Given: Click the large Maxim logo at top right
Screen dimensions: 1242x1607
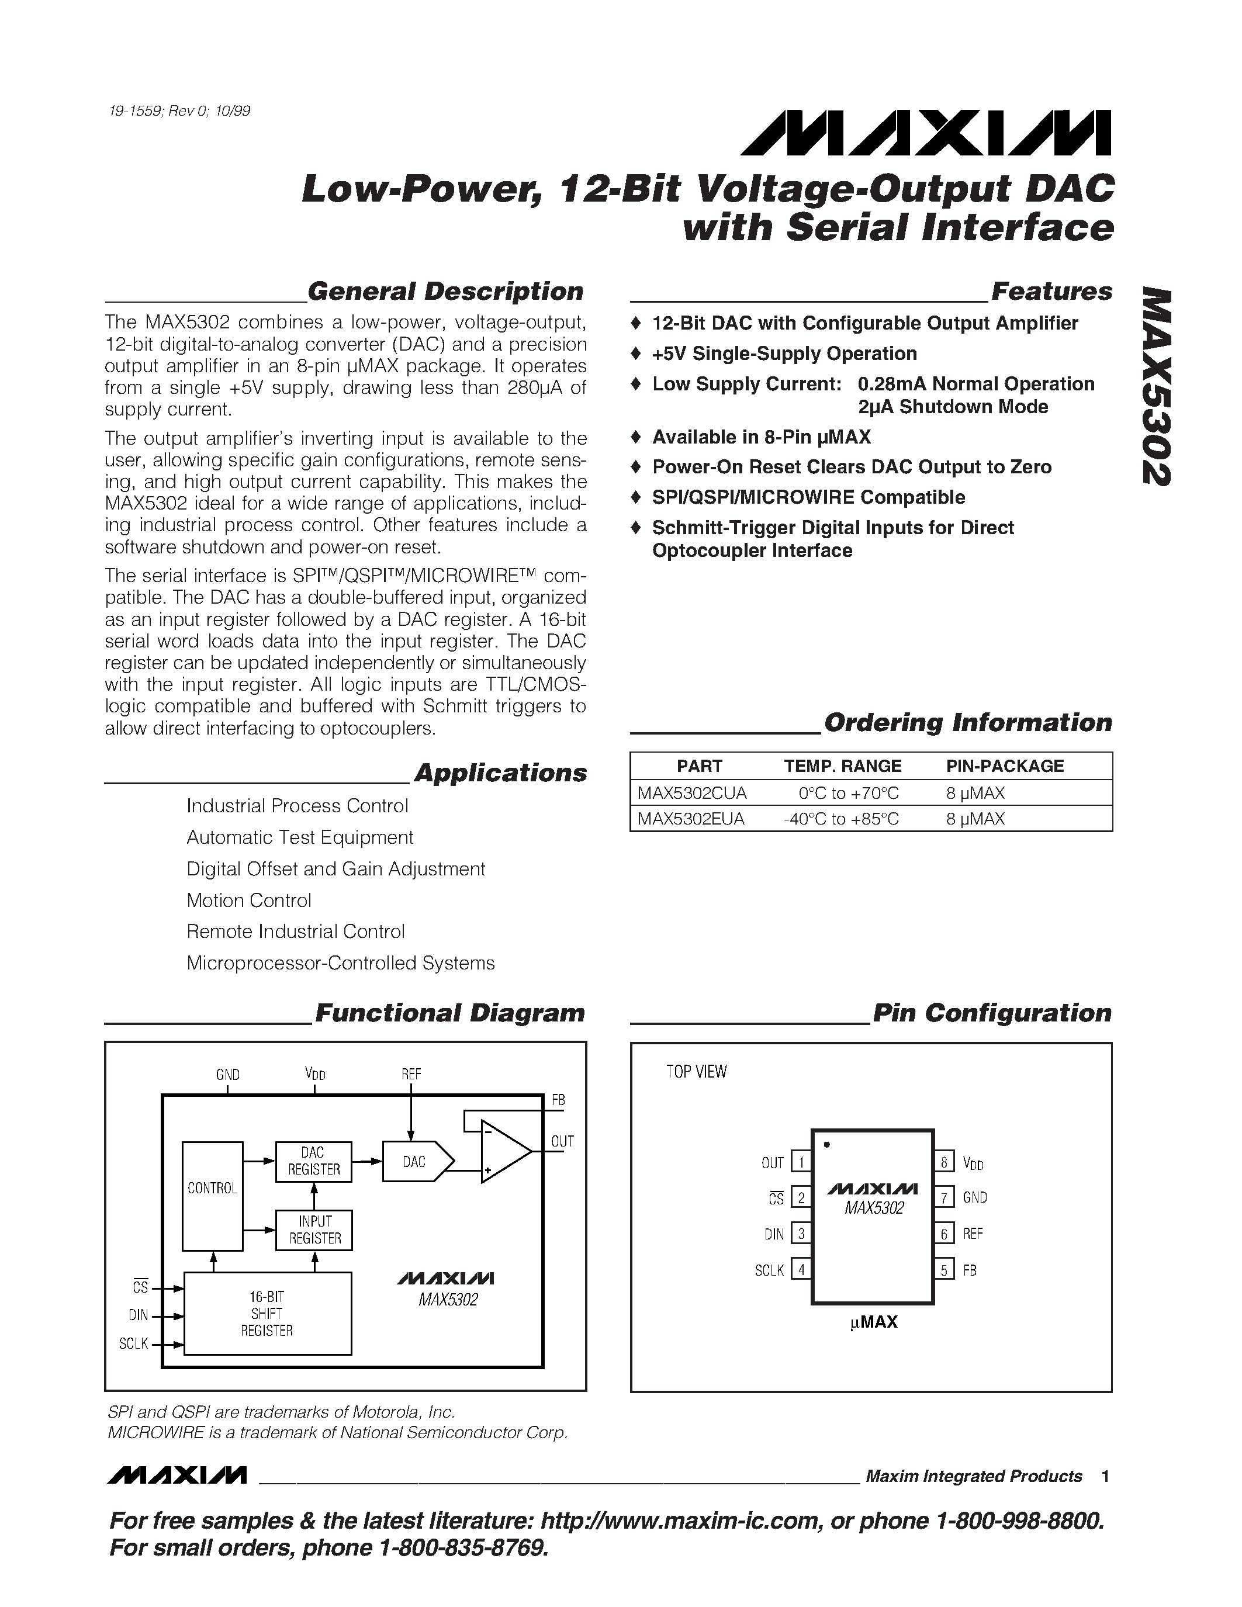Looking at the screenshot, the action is coord(926,133).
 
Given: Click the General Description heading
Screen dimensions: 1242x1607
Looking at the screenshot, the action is coord(445,292).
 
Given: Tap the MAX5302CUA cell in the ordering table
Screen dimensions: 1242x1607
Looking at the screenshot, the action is coord(691,793).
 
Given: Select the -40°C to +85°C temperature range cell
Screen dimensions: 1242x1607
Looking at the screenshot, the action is coord(841,819).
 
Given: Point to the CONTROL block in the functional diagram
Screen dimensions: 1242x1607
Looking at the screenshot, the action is coord(213,1189).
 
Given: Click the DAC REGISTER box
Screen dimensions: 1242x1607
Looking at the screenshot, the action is coord(313,1161).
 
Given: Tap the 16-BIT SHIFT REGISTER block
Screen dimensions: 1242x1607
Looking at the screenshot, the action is coord(267,1314).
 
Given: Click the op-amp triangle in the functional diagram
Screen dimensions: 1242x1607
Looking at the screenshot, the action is coord(503,1151).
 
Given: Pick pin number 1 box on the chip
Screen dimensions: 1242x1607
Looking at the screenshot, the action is coord(801,1162).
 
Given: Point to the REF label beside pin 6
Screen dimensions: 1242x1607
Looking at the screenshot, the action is coord(973,1234).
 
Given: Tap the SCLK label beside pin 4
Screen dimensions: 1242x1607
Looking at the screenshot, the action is coord(769,1270).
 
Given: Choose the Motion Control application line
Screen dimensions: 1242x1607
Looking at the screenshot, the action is coord(249,900).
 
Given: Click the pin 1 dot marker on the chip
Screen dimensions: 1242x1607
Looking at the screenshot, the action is coord(827,1145).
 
